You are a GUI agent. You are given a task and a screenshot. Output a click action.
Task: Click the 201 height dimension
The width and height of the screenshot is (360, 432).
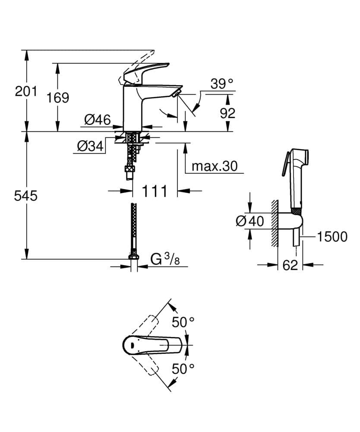[x=26, y=91]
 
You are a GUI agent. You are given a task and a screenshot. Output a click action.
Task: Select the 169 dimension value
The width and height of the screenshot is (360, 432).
[x=58, y=98]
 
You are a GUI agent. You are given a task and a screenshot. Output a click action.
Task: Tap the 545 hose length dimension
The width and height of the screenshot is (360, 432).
[x=26, y=196]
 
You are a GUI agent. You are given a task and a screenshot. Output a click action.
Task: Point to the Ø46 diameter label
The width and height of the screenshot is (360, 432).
[x=97, y=120]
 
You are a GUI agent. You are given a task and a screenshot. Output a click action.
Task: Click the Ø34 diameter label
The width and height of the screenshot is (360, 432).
[x=91, y=147]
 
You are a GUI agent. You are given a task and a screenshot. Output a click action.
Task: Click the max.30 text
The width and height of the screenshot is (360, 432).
[x=215, y=166]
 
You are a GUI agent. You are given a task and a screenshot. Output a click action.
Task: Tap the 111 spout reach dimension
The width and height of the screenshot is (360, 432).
[x=154, y=191]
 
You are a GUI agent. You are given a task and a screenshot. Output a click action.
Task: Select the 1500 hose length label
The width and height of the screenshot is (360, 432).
[x=332, y=236]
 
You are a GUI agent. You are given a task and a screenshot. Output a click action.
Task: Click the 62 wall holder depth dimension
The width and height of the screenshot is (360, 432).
[x=291, y=265]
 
